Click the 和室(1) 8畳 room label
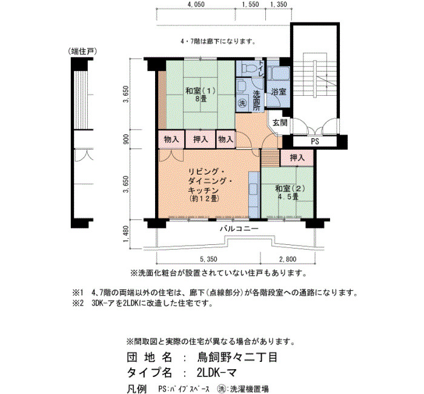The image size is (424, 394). (200, 94)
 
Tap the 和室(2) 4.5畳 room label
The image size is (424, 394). (290, 192)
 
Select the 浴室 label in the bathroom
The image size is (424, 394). (279, 92)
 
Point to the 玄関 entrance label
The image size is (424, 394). (280, 122)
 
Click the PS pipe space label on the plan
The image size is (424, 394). (315, 141)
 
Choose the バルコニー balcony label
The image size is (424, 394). (239, 229)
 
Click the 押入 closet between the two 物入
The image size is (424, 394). (200, 139)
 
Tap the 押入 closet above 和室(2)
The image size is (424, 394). (297, 158)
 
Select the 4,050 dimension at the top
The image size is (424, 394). (196, 4)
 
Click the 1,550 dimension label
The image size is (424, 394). (250, 4)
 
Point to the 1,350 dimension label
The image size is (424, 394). (279, 4)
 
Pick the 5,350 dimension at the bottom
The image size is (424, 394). (208, 259)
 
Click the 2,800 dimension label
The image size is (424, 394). (288, 259)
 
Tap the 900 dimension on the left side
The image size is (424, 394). (126, 139)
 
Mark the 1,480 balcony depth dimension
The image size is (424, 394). (126, 234)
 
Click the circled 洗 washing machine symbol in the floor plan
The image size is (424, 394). (242, 103)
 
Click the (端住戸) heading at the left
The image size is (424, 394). (82, 52)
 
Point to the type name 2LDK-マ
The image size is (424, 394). (217, 373)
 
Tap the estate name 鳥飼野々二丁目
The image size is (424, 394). (237, 357)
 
